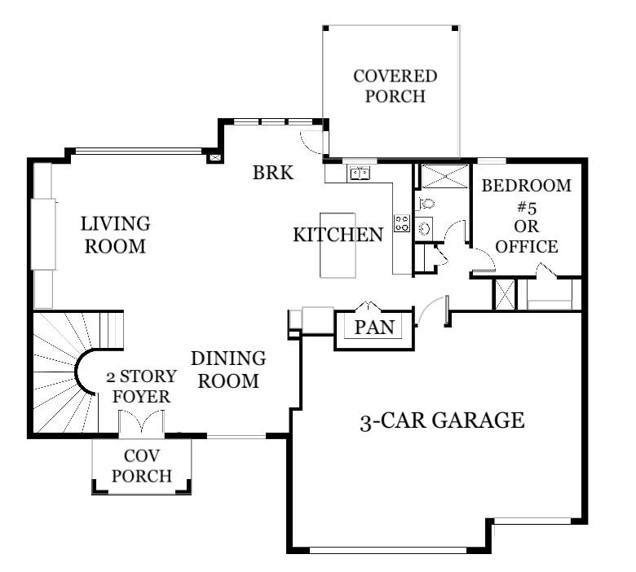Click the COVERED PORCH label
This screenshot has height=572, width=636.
click(395, 86)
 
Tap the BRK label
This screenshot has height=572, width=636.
click(272, 173)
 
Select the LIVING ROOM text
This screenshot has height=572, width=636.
click(114, 235)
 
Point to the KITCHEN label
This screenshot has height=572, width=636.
click(338, 235)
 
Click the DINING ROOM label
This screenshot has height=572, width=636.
click(228, 369)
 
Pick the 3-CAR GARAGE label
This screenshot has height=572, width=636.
click(441, 421)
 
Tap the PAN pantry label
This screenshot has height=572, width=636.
click(375, 328)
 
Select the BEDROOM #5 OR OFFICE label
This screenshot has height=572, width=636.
click(526, 215)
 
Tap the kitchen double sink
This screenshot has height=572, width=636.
click(360, 173)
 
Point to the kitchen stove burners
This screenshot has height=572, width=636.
click(401, 222)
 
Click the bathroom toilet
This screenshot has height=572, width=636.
click(426, 204)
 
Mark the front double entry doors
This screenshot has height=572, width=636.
click(142, 424)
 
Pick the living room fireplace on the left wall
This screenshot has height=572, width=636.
click(42, 234)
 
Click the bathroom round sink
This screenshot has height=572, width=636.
click(424, 229)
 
